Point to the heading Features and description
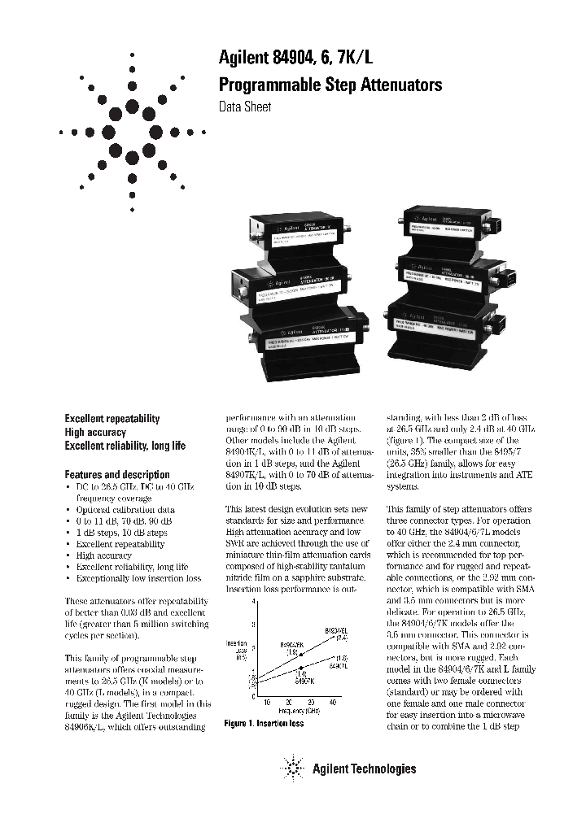[117, 474]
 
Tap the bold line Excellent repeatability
[112, 418]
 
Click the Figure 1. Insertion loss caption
[264, 724]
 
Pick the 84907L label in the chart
[341, 665]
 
